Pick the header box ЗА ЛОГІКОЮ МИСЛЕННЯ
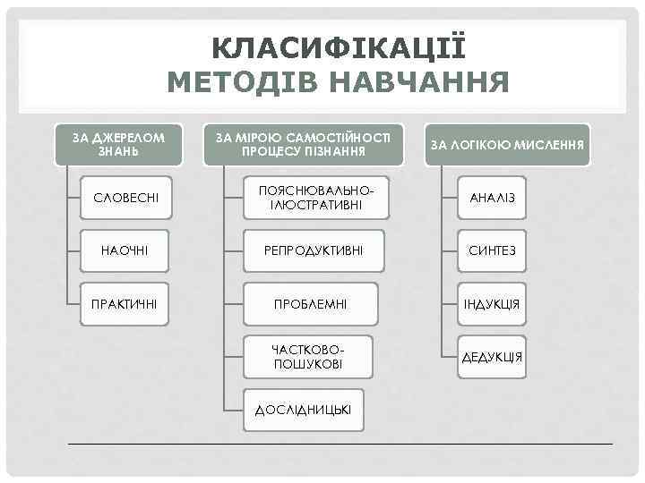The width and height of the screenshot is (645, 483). coord(507,144)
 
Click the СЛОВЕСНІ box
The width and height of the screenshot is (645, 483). coord(125,196)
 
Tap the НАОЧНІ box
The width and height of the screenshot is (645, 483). coord(125,250)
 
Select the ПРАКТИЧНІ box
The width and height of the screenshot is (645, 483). coord(125,305)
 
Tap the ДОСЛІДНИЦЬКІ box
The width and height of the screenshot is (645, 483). coord(304,410)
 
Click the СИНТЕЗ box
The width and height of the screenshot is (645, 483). coord(492,250)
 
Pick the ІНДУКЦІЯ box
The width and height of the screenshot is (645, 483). coord(492,305)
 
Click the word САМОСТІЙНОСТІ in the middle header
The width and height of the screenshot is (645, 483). coord(339,137)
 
